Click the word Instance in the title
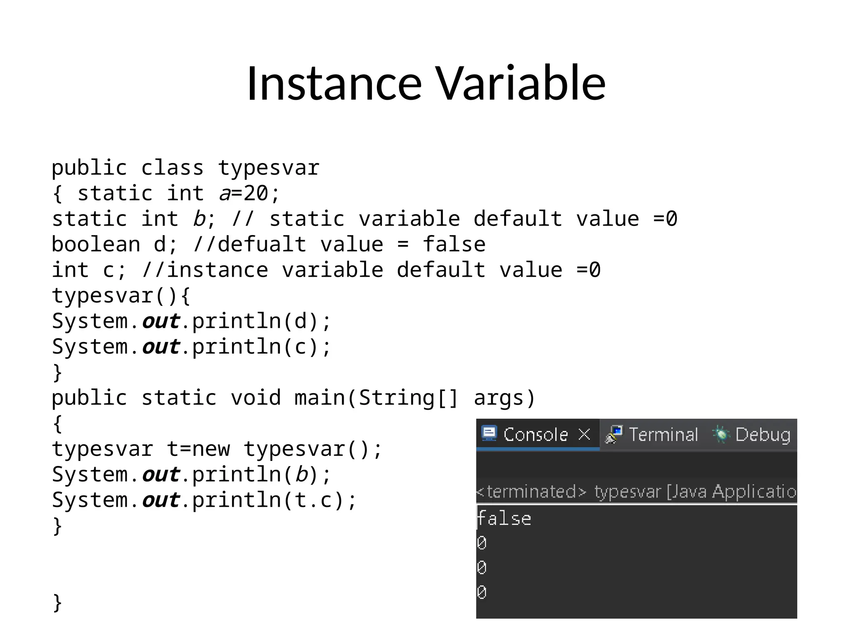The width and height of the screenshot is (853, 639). (334, 83)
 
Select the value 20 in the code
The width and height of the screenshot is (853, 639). (256, 193)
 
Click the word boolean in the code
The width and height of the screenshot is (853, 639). (96, 244)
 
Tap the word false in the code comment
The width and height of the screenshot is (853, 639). (454, 244)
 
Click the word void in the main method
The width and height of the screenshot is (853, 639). (256, 398)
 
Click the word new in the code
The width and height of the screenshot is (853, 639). (211, 449)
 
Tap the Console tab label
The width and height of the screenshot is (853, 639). (536, 435)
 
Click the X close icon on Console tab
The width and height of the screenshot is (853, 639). (584, 434)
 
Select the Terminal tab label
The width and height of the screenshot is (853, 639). (663, 435)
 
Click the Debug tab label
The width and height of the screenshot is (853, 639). (763, 435)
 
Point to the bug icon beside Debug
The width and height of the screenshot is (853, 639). (721, 435)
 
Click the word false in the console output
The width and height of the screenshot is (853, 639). (504, 519)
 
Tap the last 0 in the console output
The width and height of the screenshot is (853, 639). (482, 592)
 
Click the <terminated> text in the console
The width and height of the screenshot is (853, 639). (531, 492)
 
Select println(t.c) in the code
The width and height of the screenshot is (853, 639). (269, 500)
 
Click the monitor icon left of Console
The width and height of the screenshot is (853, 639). (489, 433)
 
